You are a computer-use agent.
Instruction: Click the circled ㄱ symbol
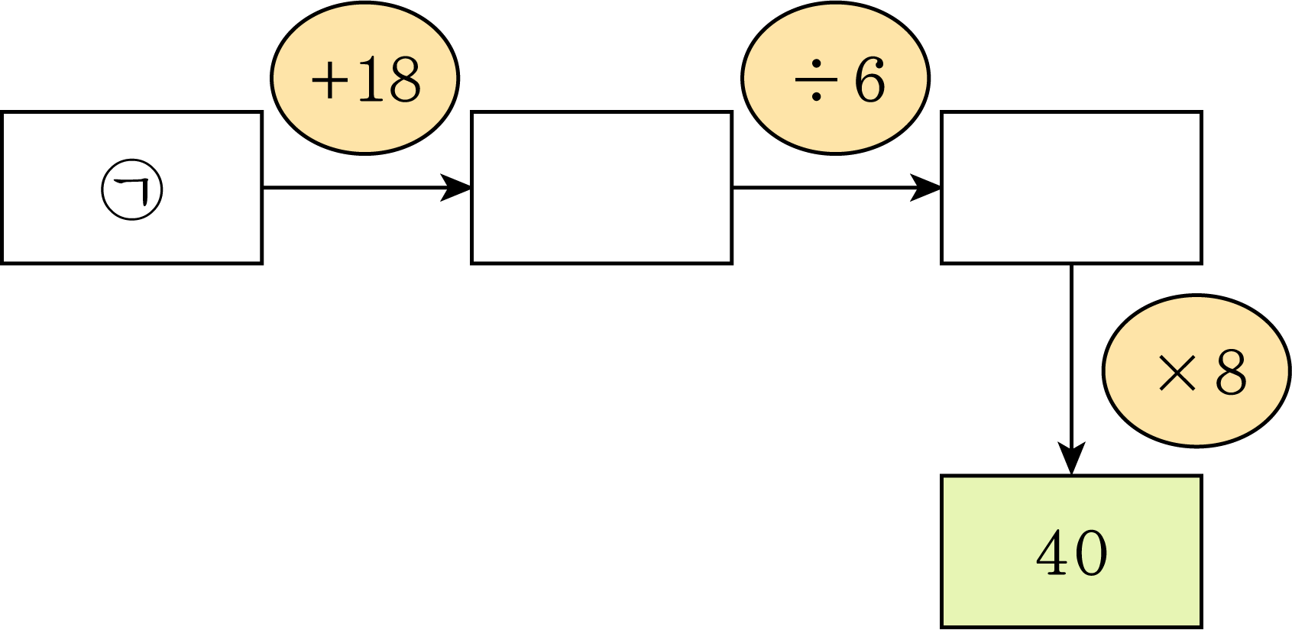[x=132, y=189]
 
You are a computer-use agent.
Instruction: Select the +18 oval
[x=364, y=78]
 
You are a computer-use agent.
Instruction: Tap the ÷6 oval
[x=835, y=78]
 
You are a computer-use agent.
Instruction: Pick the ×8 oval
[x=1196, y=370]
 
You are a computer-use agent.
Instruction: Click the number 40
[x=1072, y=554]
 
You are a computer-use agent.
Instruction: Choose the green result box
[x=1072, y=551]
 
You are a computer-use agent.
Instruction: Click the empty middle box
[x=601, y=188]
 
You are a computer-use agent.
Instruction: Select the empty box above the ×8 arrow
[x=1072, y=188]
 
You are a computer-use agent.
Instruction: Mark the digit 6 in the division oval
[x=869, y=79]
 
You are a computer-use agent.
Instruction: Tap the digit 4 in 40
[x=1053, y=554]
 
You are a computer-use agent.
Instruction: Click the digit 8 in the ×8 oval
[x=1230, y=373]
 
